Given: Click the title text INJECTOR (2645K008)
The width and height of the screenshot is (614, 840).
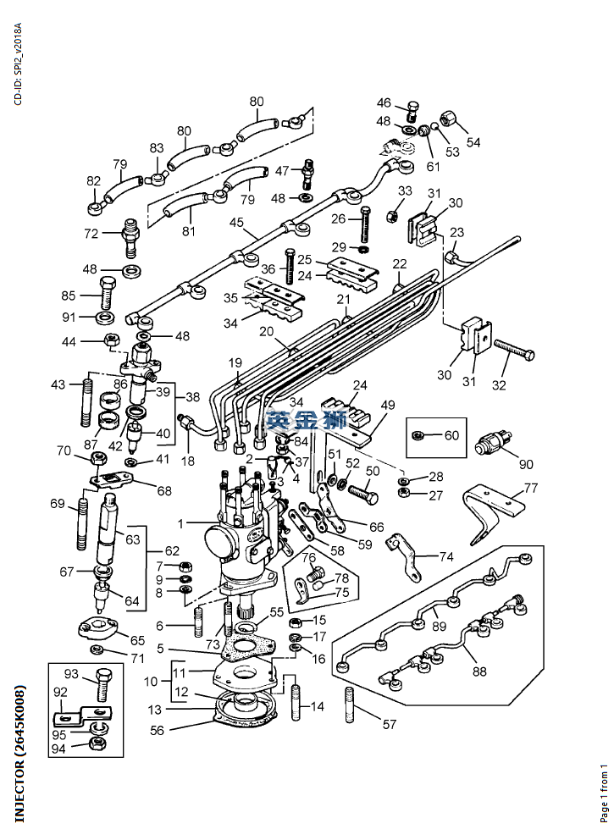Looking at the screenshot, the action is (x=19, y=753).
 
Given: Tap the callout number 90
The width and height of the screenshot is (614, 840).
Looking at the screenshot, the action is (x=526, y=463).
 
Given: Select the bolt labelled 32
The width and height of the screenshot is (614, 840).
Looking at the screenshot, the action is (x=514, y=350).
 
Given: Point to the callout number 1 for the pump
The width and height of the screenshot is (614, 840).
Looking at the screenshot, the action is (x=180, y=523).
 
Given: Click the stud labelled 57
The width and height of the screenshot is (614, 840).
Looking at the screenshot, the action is (x=350, y=705).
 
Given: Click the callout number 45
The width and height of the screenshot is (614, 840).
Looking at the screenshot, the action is (x=236, y=222).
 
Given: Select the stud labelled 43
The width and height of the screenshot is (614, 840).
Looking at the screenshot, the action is (x=86, y=401).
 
